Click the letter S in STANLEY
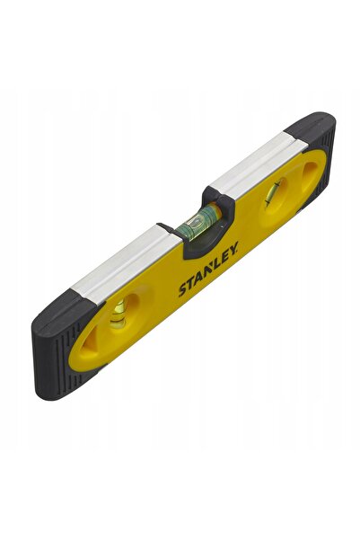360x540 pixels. point(183,290)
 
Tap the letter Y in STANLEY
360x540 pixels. point(233,249)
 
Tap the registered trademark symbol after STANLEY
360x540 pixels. point(238,243)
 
